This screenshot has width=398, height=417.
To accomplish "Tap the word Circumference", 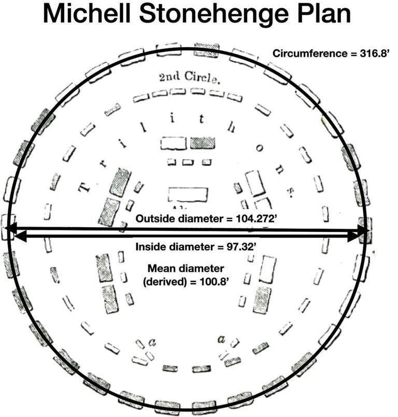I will [x=306, y=53].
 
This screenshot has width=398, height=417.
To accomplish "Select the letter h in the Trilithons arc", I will [x=230, y=127].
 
